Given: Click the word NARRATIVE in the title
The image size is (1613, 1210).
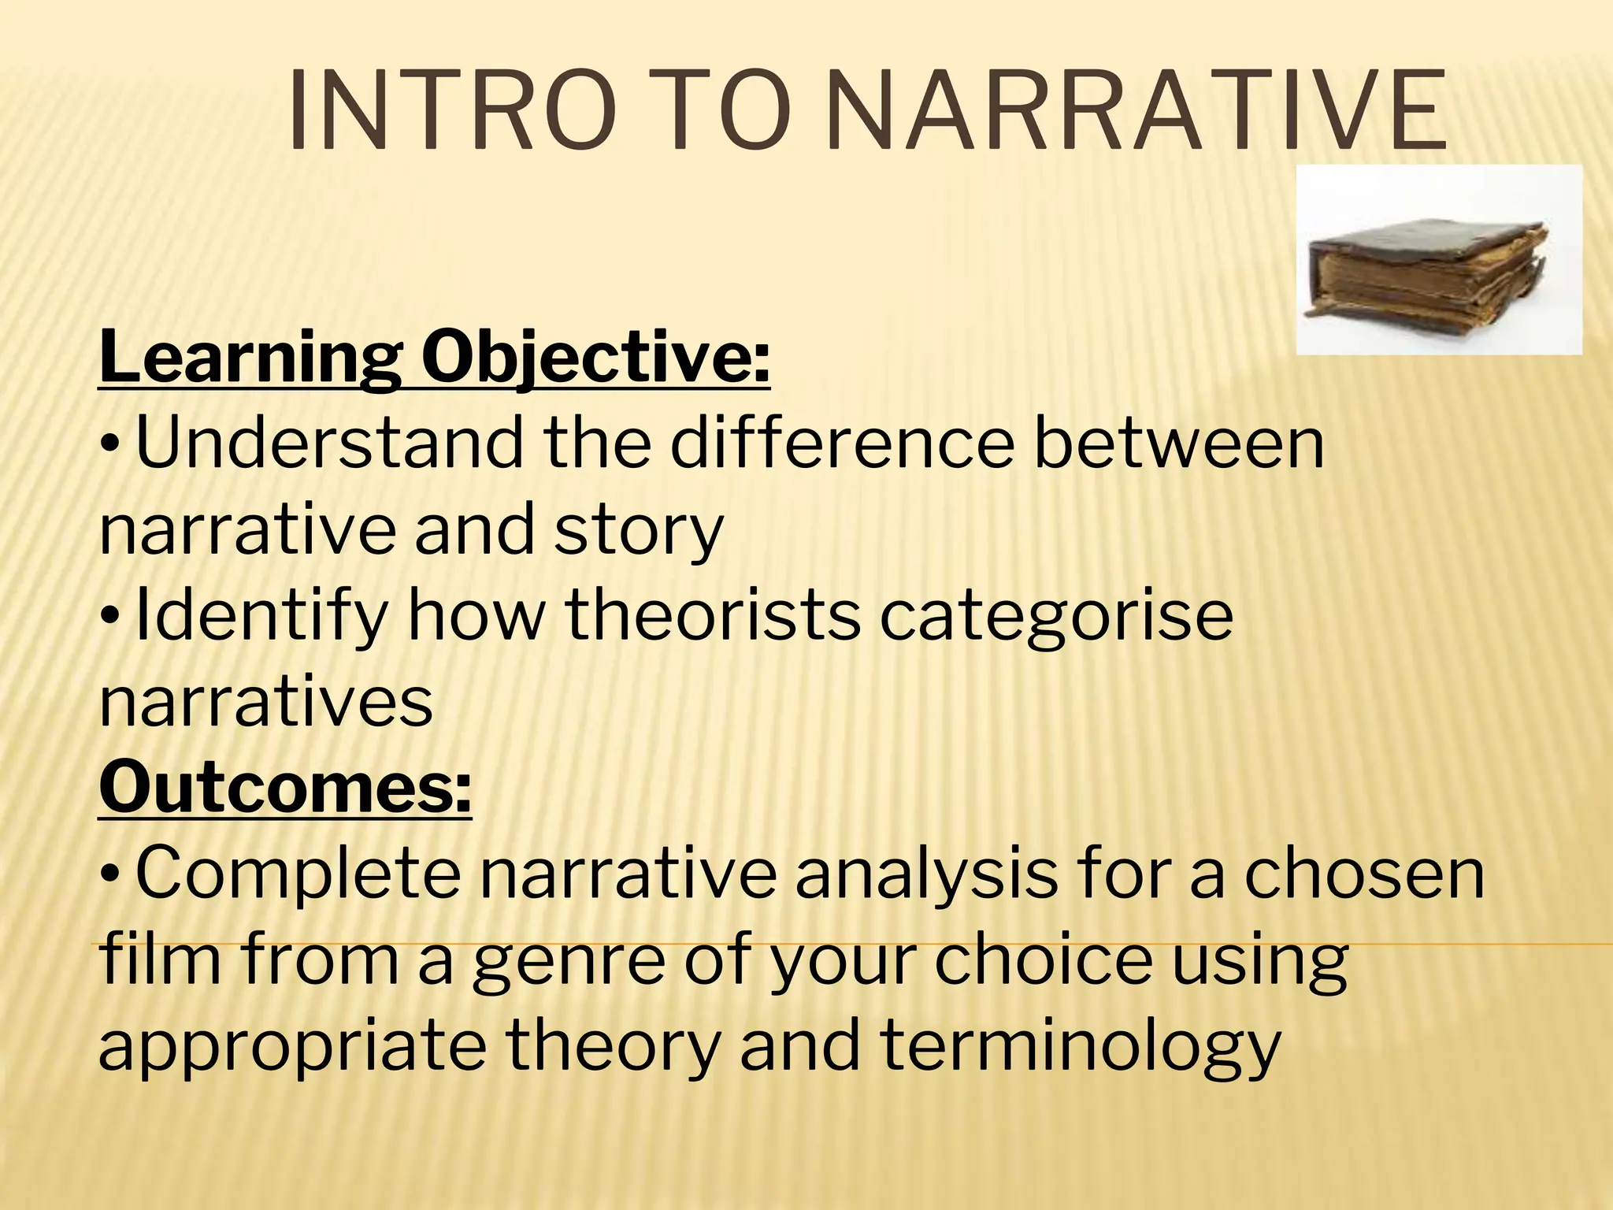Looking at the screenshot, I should point(1138,112).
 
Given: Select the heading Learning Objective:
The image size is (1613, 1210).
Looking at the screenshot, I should point(434,357).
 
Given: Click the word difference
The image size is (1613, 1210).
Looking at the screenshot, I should point(842,444).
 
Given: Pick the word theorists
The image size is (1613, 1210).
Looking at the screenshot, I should point(713,615).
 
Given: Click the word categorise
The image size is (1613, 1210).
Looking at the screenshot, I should point(1056,617).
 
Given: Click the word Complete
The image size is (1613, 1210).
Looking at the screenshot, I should point(298,874).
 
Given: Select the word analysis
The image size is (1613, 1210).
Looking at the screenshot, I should point(926,874).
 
